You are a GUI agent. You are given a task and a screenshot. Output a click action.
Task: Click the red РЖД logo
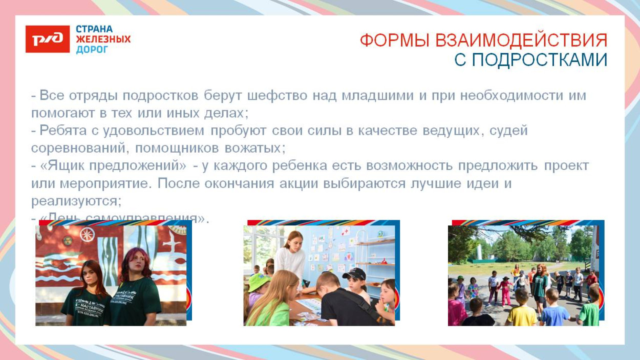[47, 39]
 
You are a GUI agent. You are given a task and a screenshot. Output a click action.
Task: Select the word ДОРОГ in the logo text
[92, 50]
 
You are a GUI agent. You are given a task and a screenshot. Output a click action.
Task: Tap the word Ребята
[59, 131]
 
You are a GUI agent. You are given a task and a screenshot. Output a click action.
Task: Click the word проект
[566, 166]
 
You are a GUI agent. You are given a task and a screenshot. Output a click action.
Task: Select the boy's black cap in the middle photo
[354, 273]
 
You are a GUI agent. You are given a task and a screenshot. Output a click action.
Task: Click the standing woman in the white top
[292, 256]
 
